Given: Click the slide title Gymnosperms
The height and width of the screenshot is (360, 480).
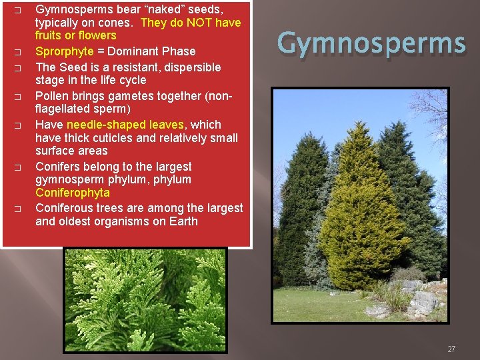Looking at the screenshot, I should click(x=371, y=44).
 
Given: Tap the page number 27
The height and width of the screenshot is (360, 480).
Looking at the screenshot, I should click(x=451, y=349).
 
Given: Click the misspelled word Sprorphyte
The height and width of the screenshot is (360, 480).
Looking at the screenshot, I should click(x=63, y=51).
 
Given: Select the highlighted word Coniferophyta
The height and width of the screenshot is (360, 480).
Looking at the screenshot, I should click(x=72, y=193).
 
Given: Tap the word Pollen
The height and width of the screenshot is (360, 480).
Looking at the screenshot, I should click(x=52, y=96).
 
